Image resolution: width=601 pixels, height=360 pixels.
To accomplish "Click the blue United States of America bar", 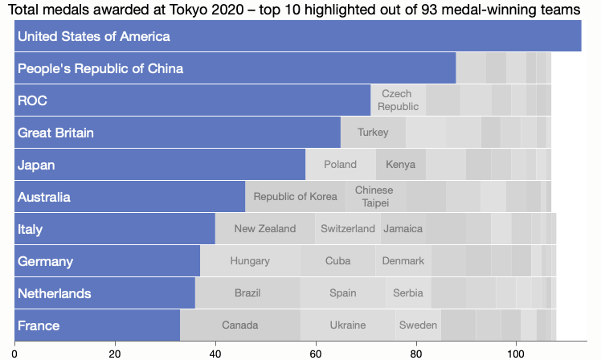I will coord(297,36).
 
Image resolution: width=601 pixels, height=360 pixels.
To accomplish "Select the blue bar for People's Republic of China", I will coord(235,68).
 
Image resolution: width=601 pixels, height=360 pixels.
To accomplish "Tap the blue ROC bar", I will coord(192,100).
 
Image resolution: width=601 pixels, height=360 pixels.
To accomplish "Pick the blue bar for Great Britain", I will coord(177,133).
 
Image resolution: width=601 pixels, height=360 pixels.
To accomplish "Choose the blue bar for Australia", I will coord(129,197).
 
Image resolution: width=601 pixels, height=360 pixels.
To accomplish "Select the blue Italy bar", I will coord(114,229).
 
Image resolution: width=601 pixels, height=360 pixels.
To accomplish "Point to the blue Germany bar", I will coord(107,261).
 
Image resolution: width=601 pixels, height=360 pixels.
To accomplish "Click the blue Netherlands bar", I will coord(104,293).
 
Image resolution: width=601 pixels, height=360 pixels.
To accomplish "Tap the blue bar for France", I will coord(96,325).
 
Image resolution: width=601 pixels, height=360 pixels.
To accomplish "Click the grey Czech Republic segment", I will coord(399,100).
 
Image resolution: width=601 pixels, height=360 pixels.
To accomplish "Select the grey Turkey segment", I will coord(373,133).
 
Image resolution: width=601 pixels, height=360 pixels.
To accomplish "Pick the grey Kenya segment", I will coord(401,165).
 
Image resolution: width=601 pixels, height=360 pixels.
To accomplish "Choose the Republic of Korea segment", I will coord(295,197).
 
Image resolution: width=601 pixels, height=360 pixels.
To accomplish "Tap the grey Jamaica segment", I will coord(403,229).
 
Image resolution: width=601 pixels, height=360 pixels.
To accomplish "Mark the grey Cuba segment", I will coord(337,261).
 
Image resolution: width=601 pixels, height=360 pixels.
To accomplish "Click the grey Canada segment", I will coord(239,325).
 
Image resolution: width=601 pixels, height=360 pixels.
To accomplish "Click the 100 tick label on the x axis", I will coord(516,352).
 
